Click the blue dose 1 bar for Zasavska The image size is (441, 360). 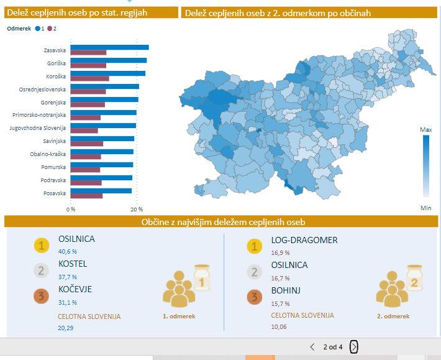coord(109,47)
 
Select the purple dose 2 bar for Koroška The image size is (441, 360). coord(89,78)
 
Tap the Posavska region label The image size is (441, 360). coord(55,193)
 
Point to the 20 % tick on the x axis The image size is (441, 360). coord(137,209)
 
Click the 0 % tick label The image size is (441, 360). coord(71,209)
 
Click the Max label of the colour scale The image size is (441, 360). coord(425,130)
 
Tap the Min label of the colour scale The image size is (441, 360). coord(425,208)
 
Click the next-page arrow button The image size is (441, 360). coord(354,347)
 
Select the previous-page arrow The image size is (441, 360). coord(312,347)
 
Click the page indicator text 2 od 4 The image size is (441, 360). coord(333,347)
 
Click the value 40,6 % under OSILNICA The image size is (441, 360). coord(67,251)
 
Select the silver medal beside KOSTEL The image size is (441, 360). coord(41,270)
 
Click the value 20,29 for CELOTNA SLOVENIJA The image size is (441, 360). coord(65,328)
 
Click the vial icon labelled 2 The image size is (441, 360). coord(414,279)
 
